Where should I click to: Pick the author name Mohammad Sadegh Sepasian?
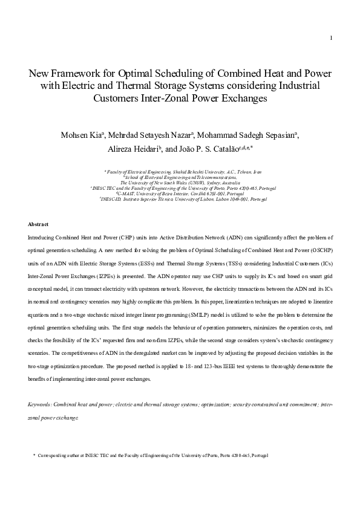[x=245, y=134]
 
